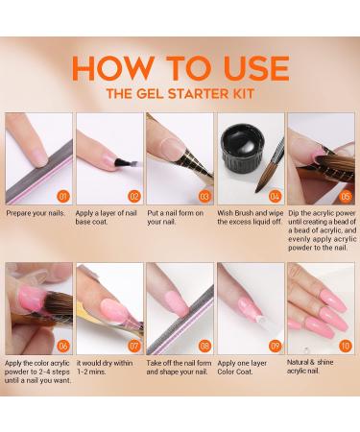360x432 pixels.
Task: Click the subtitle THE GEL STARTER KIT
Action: [180, 94]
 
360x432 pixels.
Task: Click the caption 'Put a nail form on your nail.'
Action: [177, 217]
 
